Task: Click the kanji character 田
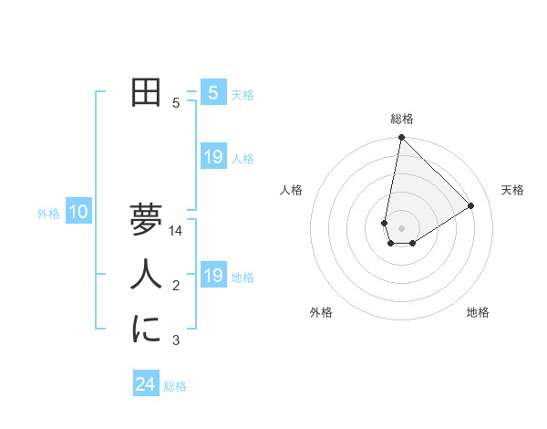146,93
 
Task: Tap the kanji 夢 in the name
146,220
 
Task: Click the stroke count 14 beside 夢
176,231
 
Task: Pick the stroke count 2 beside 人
176,286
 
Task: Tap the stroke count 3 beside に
176,340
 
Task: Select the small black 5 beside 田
176,103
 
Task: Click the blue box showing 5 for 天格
212,93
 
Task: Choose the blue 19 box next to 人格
212,157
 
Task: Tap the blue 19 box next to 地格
212,276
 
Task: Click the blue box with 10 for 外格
78,213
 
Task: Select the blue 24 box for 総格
145,384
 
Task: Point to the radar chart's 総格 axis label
402,119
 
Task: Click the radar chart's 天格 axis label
512,190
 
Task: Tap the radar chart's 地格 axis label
478,312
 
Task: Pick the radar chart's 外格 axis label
321,312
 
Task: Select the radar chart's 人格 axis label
292,190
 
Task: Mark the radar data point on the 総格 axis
401,138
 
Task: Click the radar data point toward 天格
471,205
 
